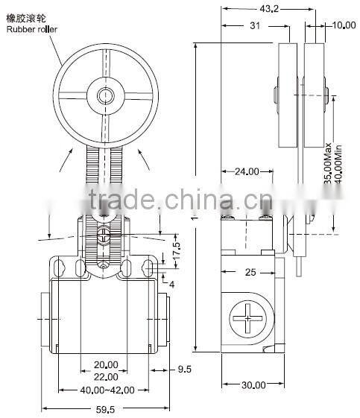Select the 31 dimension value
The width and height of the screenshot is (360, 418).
254,26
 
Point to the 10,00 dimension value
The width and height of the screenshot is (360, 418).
343,26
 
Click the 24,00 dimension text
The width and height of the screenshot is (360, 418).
247,171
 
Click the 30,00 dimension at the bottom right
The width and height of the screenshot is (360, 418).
253,385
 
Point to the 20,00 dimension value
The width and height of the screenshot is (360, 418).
107,364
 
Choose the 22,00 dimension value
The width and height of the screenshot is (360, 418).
107,378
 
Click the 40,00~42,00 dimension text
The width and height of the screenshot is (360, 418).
107,390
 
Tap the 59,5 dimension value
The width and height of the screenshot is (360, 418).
107,409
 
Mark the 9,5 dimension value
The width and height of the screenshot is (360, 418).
186,368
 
